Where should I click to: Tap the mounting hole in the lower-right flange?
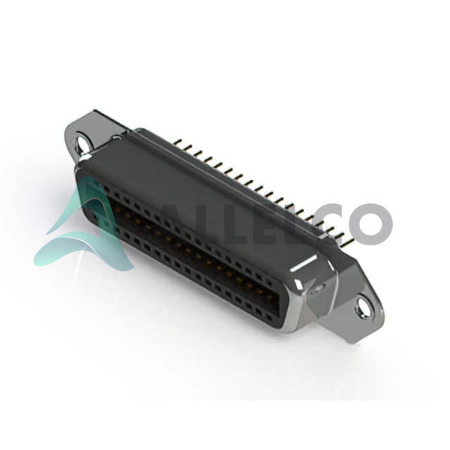pyautogui.click(x=363, y=308)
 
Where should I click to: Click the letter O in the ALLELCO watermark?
pyautogui.click(x=370, y=223)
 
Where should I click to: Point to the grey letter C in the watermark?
pyautogui.click(x=330, y=223)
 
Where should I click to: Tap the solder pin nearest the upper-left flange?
pyautogui.click(x=178, y=142)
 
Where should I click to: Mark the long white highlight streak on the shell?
pyautogui.click(x=304, y=263)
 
